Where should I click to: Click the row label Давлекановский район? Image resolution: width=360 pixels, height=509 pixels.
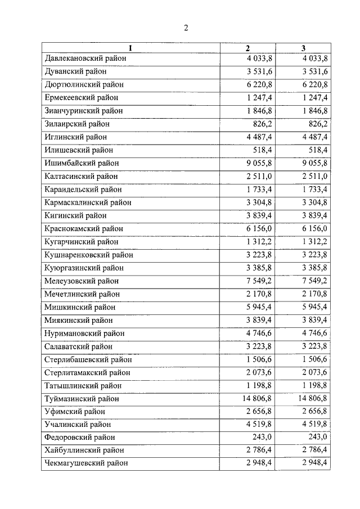85,58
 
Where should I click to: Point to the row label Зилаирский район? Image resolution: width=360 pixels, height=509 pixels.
76,124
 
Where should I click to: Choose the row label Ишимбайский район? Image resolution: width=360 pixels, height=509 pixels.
82,163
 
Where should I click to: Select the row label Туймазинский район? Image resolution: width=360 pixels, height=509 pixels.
82,399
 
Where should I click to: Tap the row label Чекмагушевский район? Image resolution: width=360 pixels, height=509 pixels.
85,463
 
